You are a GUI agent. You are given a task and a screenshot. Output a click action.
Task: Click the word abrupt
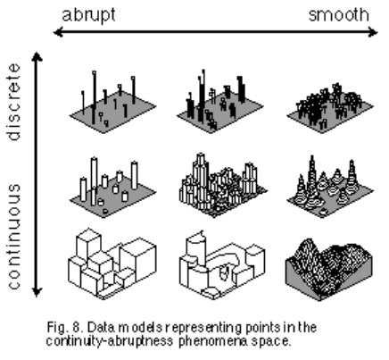88,15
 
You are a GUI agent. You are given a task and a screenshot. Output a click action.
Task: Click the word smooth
339,15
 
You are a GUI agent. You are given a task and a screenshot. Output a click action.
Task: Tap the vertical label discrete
14,102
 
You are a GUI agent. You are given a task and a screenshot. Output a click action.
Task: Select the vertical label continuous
14,237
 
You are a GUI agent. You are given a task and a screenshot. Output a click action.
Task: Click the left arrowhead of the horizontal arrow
58,32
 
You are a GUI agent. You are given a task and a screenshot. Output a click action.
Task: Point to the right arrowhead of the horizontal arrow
373,32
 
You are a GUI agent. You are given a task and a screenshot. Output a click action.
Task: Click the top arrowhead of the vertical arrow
37,56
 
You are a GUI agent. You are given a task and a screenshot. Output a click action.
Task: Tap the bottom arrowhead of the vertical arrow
37,292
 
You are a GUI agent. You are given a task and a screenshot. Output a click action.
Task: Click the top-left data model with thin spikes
112,103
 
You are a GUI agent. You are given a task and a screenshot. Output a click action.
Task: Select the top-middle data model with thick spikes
220,101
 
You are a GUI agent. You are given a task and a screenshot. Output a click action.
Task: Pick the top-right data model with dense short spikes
330,107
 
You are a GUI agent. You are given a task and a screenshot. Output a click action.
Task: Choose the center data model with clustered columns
222,185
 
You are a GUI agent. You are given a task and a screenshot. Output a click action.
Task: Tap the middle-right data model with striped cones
330,187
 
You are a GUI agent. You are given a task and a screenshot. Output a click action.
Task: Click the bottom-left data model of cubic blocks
112,264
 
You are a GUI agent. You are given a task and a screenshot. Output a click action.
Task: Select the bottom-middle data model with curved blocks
222,264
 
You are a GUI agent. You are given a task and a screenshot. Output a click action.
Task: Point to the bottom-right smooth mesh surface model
328,269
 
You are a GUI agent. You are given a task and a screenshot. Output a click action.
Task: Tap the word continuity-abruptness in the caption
110,340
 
